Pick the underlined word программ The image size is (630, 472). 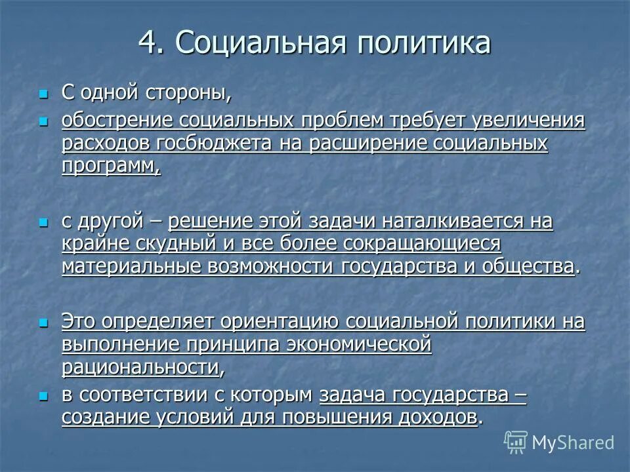tap(110, 166)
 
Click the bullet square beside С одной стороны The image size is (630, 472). tap(44, 94)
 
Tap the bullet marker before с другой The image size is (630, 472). tap(44, 223)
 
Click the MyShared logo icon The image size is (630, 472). tap(516, 442)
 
